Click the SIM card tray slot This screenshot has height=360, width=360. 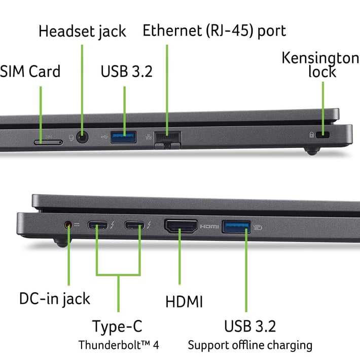click(48, 142)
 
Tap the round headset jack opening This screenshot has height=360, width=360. click(82, 138)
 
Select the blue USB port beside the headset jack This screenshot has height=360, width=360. click(124, 137)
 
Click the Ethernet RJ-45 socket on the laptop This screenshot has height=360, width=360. click(167, 139)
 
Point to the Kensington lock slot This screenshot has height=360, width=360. click(323, 134)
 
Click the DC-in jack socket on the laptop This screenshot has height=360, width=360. click(68, 225)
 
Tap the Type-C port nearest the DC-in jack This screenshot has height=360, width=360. click(97, 225)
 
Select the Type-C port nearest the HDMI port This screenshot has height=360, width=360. click(134, 225)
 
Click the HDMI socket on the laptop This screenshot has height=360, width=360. click(181, 226)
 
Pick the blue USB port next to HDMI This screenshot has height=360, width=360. click(236, 227)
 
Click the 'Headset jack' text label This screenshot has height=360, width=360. click(82, 31)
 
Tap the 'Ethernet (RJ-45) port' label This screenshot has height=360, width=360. click(214, 30)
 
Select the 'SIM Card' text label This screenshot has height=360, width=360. click(30, 71)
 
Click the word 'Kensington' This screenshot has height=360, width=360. click(320, 58)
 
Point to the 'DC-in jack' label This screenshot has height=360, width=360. click(55, 299)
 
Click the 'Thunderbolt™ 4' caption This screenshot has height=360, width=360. click(119, 345)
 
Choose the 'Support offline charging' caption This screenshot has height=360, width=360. click(250, 345)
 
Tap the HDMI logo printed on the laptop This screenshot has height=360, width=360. click(209, 227)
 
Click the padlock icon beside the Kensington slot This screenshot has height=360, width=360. click(311, 134)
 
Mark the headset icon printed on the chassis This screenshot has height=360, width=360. click(71, 138)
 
